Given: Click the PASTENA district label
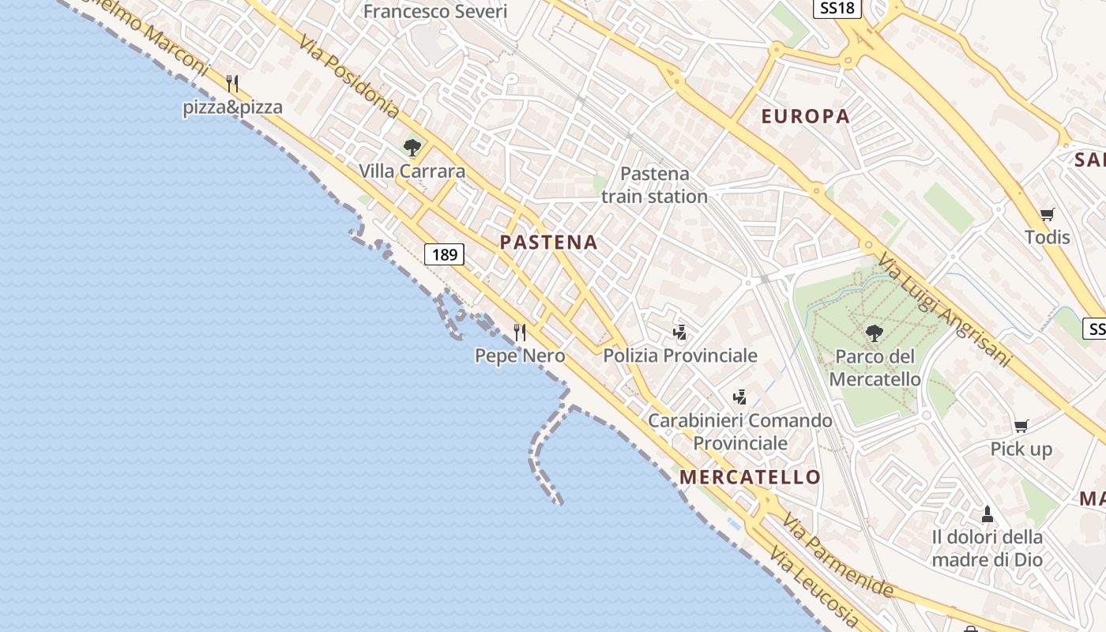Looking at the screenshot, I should pos(548,243).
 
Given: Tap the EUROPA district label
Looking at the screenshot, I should pos(805,117).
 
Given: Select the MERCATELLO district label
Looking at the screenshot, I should pos(750,477).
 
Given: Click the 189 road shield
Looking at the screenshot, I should pos(445,254).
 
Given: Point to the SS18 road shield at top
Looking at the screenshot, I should pos(837,8).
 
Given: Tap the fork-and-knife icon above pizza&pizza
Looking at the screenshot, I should pos(232,84).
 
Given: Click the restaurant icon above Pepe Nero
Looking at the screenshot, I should pos(520,333).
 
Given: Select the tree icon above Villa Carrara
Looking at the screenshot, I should pos(412,148).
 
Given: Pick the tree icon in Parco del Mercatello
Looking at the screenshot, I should pos(874,333).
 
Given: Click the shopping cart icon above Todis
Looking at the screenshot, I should pos(1048,214).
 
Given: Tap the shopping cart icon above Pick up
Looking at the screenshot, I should pos(1021,427).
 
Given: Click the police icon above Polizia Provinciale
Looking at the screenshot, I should pos(679,333).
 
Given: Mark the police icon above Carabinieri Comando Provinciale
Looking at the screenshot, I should pos(740,397).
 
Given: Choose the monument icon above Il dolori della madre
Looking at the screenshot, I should pos(987,514).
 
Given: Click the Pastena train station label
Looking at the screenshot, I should pos(654,185).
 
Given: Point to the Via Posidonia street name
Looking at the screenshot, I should pos(348,75).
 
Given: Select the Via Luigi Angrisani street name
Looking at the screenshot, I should pos(944,310).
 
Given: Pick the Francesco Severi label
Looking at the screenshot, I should pos(435,12).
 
